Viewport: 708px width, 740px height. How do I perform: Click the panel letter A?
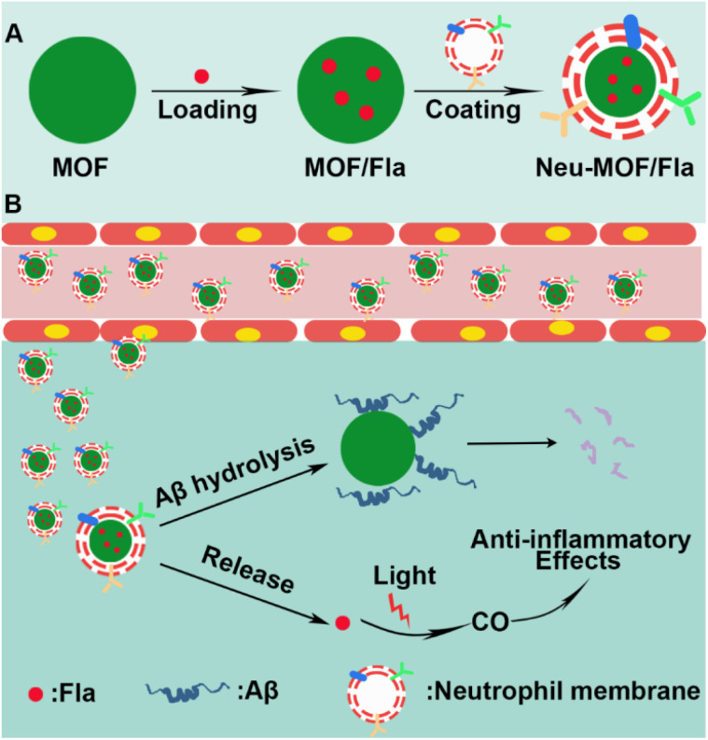pyautogui.click(x=14, y=35)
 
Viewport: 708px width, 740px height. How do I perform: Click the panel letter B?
pyautogui.click(x=14, y=202)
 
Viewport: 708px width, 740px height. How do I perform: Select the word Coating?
pyautogui.click(x=472, y=109)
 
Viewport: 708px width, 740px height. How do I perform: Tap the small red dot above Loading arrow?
pyautogui.click(x=200, y=76)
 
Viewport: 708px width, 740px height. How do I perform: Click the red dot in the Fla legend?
pyautogui.click(x=34, y=695)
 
